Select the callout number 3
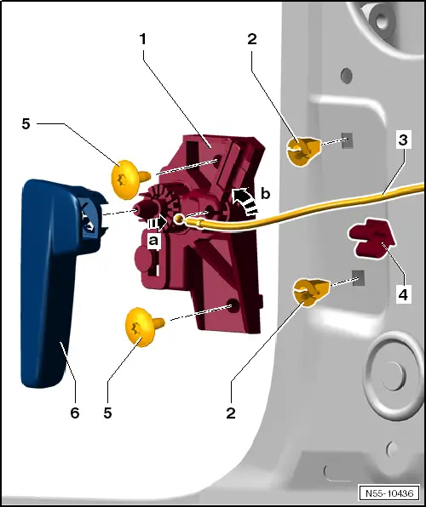(400, 140)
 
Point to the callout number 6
(74, 413)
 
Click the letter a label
(154, 242)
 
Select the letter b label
(265, 195)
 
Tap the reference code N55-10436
(388, 493)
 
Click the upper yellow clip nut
(304, 151)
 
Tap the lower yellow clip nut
(308, 292)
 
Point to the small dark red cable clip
(368, 238)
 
